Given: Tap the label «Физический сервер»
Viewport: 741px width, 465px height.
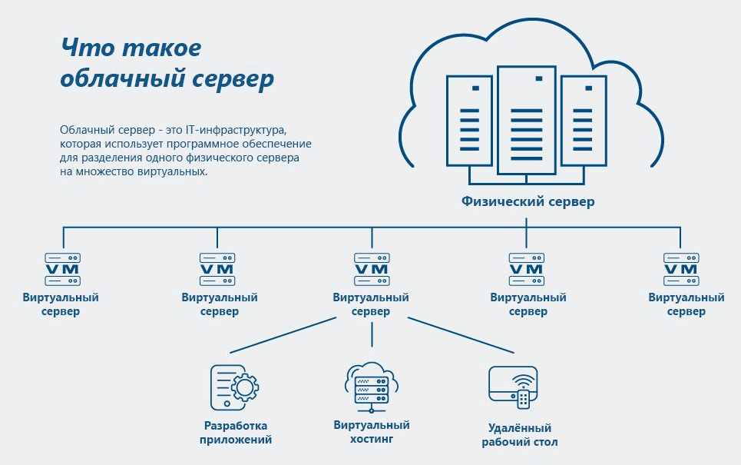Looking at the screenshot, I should pos(528,201).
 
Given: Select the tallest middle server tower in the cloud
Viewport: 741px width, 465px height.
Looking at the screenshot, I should pos(526,119).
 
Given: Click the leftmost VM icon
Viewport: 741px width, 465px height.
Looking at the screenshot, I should pos(63,269).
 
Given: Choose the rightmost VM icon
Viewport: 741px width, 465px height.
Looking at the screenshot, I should pos(680,269).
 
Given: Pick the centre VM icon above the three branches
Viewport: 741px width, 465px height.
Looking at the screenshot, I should pos(372,269).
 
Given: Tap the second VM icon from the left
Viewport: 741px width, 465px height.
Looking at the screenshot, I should pos(217,269).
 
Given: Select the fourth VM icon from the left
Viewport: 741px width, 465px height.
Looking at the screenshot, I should pos(526,269).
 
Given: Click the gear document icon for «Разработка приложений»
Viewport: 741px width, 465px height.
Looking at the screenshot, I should pos(234,387).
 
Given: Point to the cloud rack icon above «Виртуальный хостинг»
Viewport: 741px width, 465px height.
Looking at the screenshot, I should pos(372,384).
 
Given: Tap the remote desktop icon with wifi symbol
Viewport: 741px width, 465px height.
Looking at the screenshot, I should pos(512,387).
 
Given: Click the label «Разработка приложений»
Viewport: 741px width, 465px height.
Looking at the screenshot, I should pos(235,433).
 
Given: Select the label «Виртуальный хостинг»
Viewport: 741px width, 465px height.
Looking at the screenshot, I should pos(372,432).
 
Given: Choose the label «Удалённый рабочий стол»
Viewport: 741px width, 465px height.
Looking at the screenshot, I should pos(519,435).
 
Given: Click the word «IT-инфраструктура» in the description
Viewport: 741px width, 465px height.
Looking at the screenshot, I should pos(246,129).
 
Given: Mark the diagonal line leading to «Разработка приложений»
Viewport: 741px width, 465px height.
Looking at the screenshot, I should pos(284,334).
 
